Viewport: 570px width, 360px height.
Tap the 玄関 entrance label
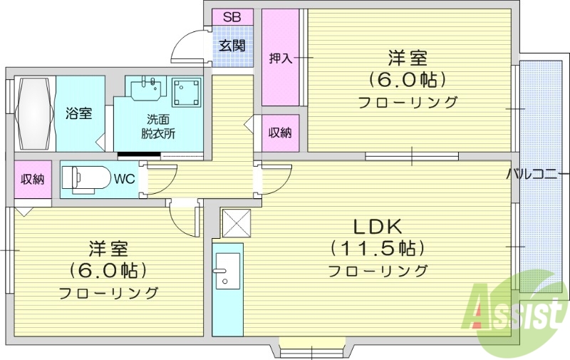232,46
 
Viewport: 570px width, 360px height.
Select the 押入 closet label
280,58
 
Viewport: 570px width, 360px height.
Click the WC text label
125,178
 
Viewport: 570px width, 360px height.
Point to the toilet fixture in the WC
85,178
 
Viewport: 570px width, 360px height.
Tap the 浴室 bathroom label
78,113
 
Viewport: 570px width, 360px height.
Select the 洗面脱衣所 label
157,126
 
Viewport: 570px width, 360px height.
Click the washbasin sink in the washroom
148,88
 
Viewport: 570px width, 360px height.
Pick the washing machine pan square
186,91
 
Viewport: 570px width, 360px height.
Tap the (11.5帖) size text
378,249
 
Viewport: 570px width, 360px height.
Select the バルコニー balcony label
538,174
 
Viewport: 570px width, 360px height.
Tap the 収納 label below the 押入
279,133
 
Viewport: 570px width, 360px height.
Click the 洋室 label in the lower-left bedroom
108,250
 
